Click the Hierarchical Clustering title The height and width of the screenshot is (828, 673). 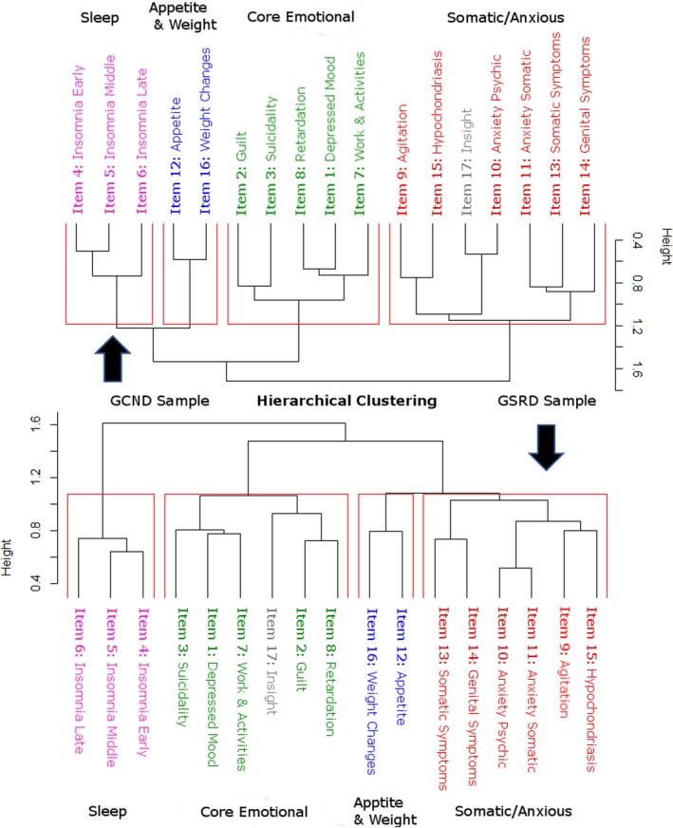click(346, 401)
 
